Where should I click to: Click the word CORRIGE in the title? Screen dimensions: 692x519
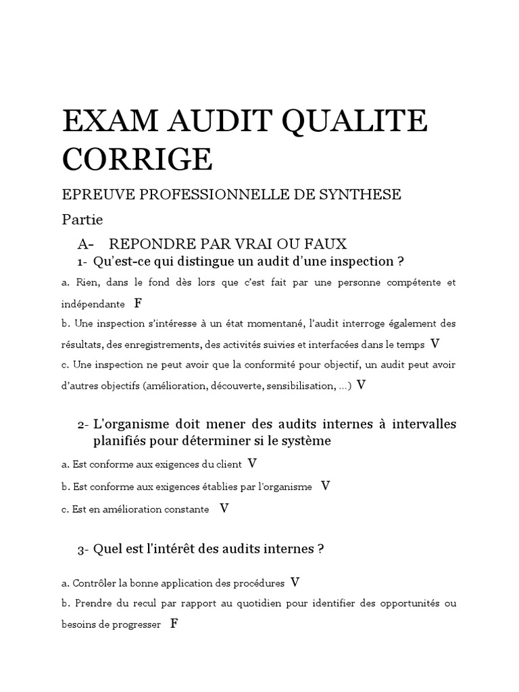137,159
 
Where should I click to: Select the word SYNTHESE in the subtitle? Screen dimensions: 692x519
362,195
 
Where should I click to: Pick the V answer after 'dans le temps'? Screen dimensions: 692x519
435,343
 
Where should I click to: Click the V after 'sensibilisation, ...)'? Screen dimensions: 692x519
362,385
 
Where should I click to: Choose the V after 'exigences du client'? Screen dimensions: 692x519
253,464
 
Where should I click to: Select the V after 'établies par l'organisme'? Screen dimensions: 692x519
325,486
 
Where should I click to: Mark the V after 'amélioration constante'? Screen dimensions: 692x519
224,508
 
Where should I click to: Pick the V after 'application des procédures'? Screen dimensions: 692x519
295,581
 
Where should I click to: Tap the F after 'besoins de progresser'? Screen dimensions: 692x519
174,624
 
